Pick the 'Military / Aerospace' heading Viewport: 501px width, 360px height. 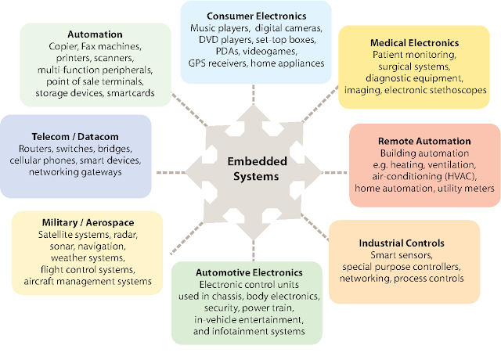(x=87, y=221)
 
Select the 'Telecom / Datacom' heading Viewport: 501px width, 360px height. (x=77, y=135)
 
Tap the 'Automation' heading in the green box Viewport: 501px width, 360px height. (x=95, y=34)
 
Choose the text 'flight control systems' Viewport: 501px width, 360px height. (x=87, y=270)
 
